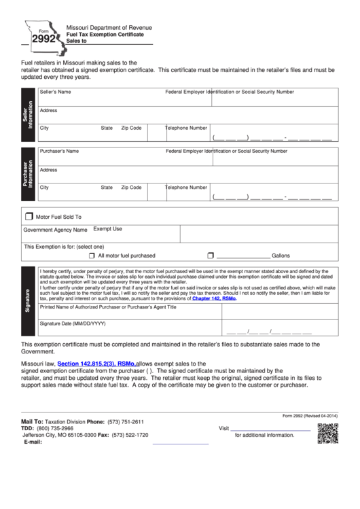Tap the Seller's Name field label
click(x=55, y=91)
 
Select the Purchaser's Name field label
click(x=59, y=151)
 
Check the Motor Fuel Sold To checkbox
click(x=29, y=217)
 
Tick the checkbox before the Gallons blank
click(x=210, y=256)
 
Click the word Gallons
click(x=281, y=256)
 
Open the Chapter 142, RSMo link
click(x=214, y=298)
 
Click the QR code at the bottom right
click(x=327, y=433)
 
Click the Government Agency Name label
click(x=56, y=230)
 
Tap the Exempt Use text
click(x=107, y=229)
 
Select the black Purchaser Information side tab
click(x=29, y=174)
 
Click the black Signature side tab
click(x=29, y=299)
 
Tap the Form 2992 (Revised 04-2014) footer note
click(x=310, y=416)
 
